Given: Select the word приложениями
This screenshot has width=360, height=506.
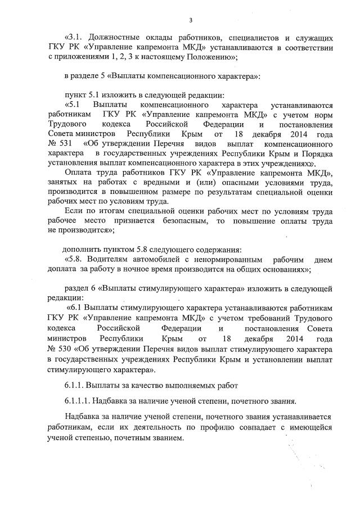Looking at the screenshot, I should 80,57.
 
